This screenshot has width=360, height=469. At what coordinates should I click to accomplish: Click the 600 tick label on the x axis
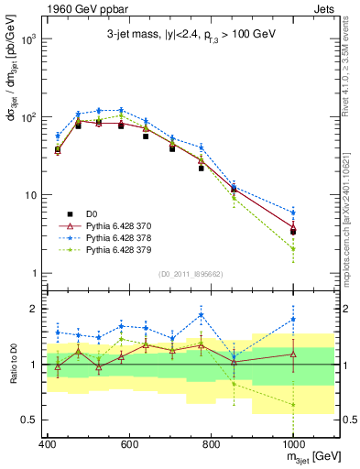click(x=130, y=443)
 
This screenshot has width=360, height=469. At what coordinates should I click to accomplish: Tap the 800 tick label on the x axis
click(x=212, y=443)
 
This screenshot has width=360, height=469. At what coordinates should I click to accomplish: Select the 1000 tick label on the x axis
click(x=292, y=443)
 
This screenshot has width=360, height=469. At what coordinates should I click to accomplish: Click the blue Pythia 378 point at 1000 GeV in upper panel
click(x=293, y=213)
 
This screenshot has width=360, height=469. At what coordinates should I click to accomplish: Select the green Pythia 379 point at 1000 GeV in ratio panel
click(x=293, y=404)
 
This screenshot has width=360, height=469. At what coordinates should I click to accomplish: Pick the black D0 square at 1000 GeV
click(x=293, y=231)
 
